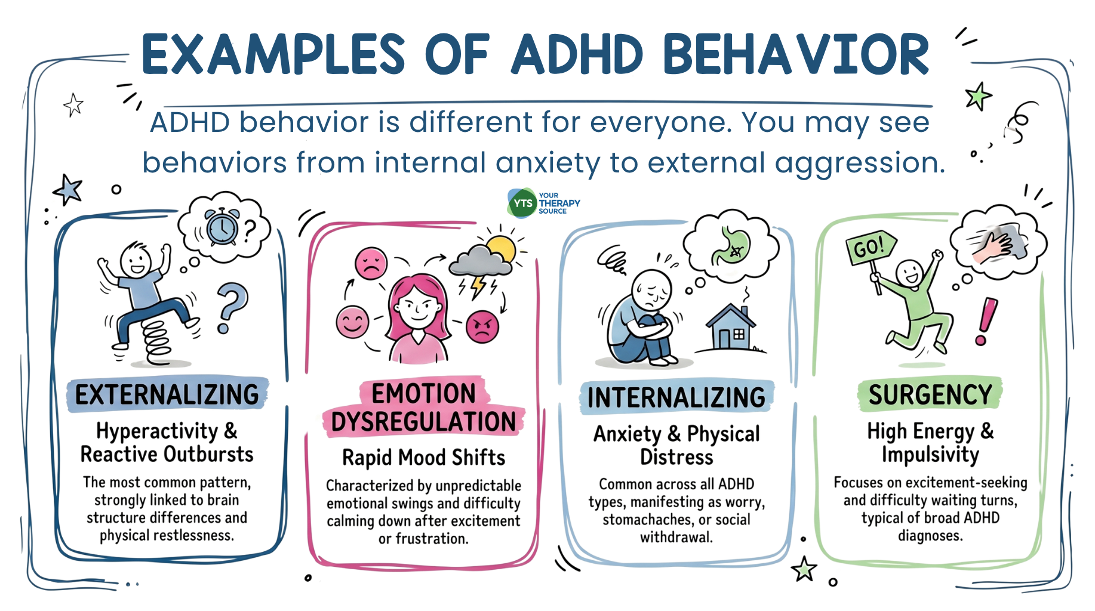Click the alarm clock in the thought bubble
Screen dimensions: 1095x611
point(222,226)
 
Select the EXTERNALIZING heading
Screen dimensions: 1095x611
point(167,395)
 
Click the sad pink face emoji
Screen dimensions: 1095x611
point(371,264)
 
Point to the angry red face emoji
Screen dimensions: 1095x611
point(482,327)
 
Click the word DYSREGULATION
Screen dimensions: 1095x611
point(423,421)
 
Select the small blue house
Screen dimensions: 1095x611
point(731,326)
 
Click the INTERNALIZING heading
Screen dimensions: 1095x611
point(676,397)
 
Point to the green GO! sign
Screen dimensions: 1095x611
point(871,248)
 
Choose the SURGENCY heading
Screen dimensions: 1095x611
point(930,394)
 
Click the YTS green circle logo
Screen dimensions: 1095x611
point(522,203)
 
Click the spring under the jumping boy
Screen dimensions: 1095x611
point(158,340)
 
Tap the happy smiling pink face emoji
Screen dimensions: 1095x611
point(352,322)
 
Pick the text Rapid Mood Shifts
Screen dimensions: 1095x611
point(423,458)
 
